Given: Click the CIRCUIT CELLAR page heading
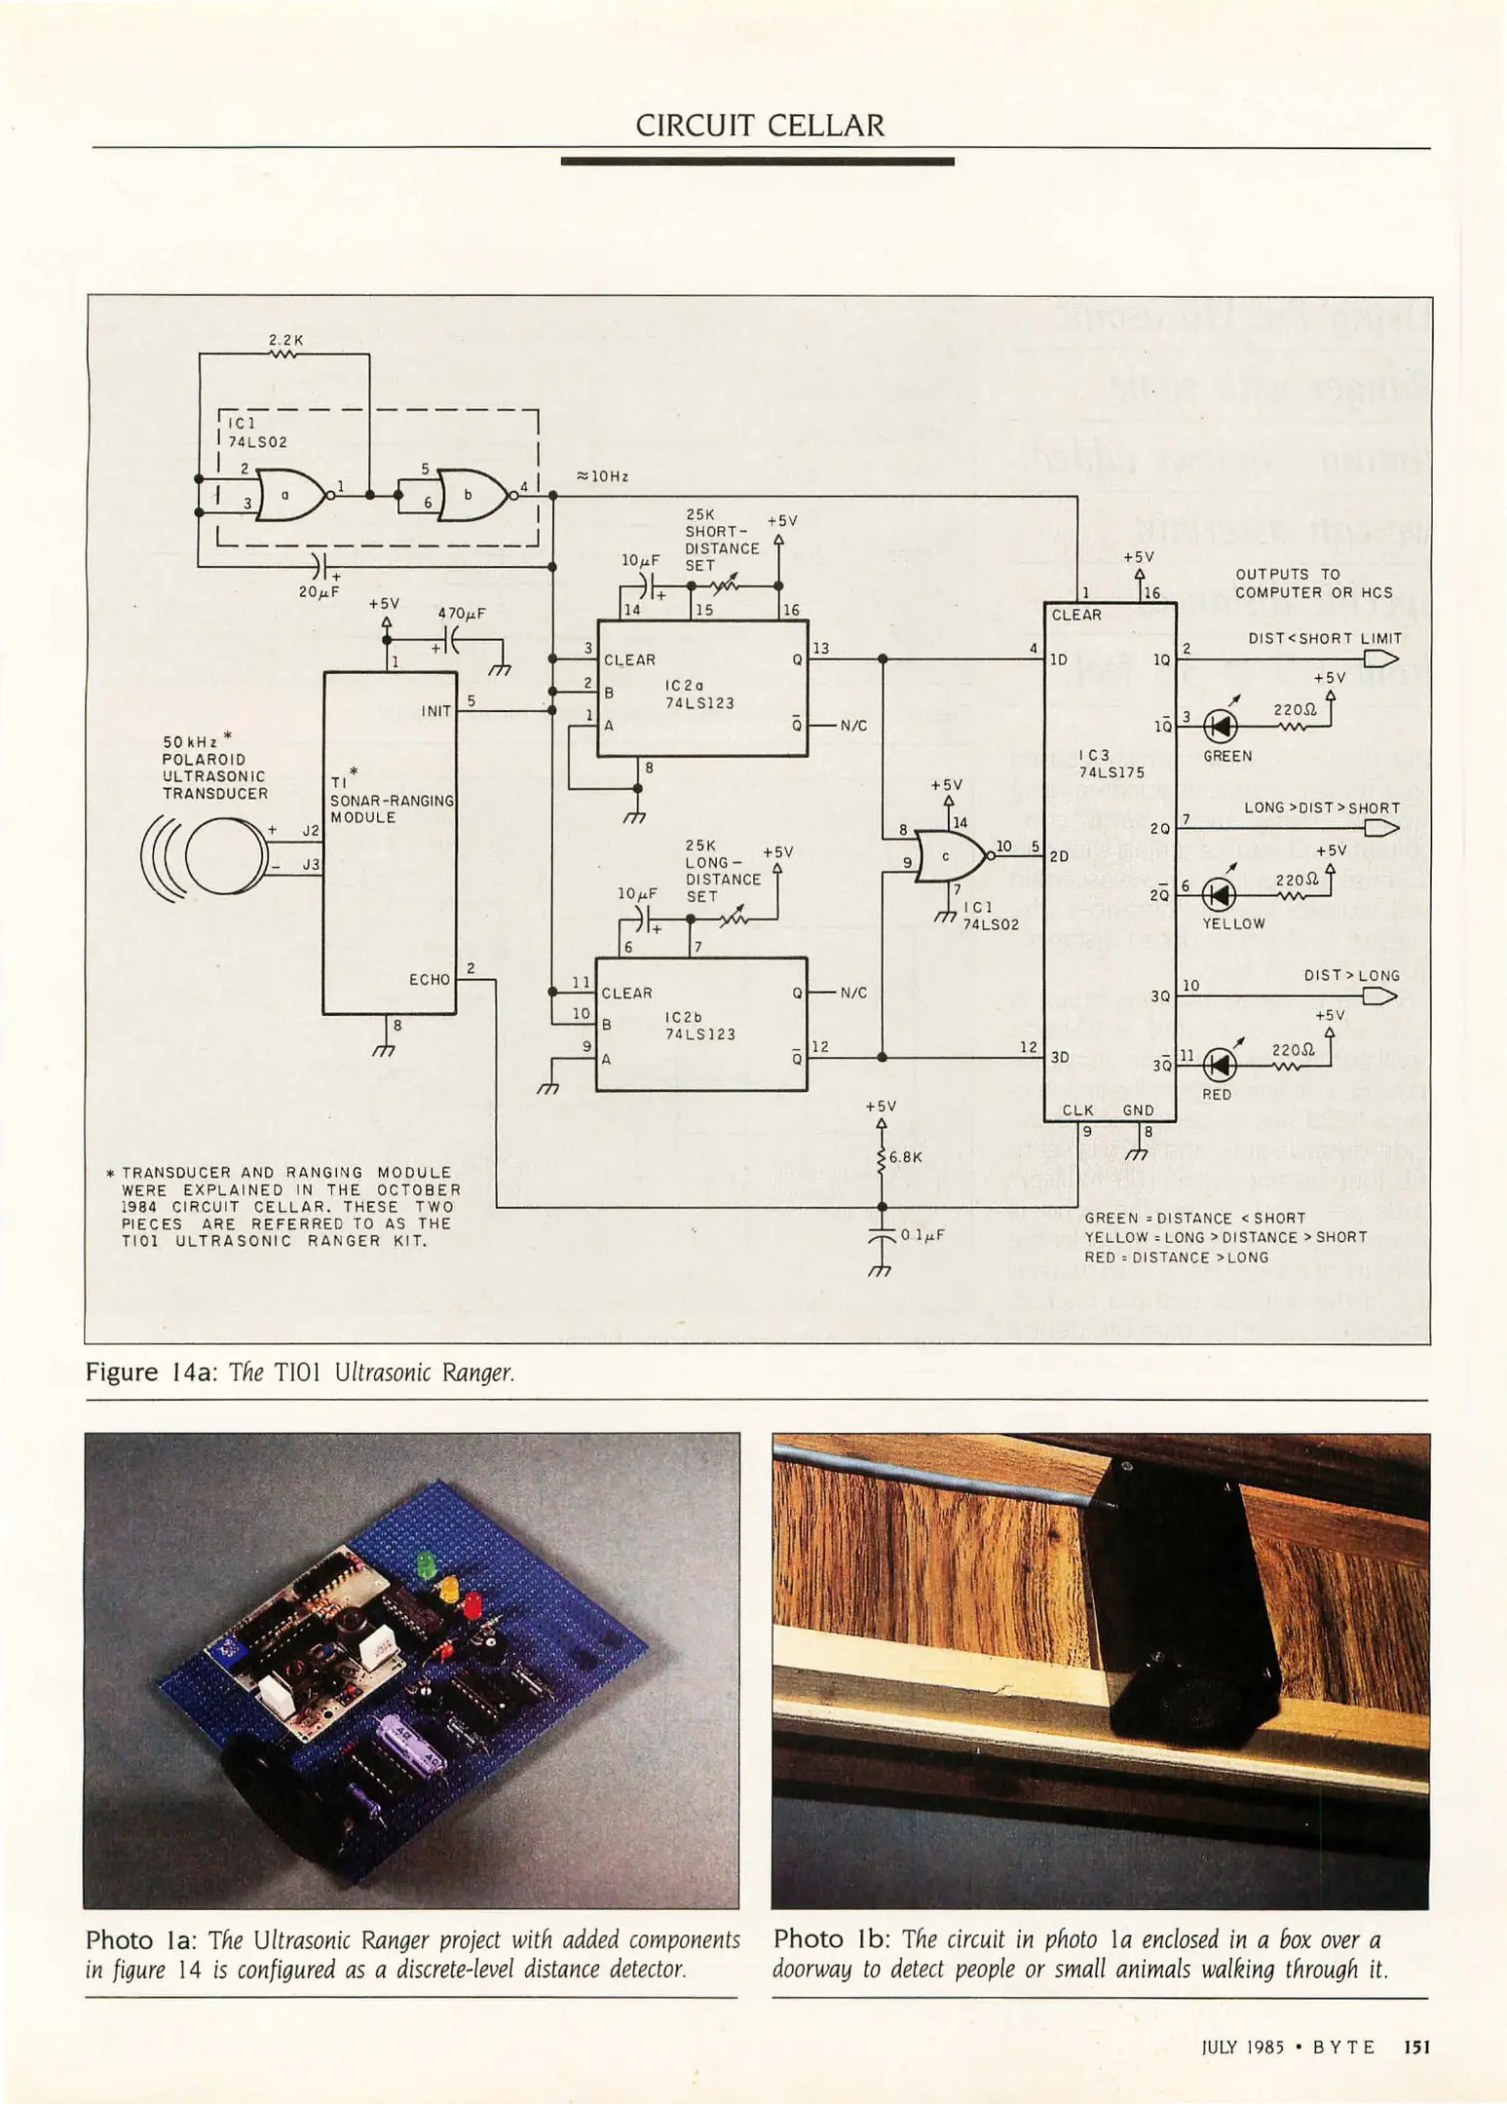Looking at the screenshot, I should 760,126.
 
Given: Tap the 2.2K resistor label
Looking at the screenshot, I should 286,340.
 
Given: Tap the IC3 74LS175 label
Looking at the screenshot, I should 1111,763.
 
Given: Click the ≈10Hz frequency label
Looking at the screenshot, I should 602,476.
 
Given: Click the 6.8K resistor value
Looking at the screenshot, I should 905,1157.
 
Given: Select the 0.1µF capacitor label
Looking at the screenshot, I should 922,1234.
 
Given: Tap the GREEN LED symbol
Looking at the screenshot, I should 1221,726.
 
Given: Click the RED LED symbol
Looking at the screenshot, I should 1221,1065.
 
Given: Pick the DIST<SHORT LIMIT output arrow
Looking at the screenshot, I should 1380,659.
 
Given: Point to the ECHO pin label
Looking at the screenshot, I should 430,979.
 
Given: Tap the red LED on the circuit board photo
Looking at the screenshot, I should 471,1602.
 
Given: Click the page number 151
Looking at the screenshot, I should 1416,2047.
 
